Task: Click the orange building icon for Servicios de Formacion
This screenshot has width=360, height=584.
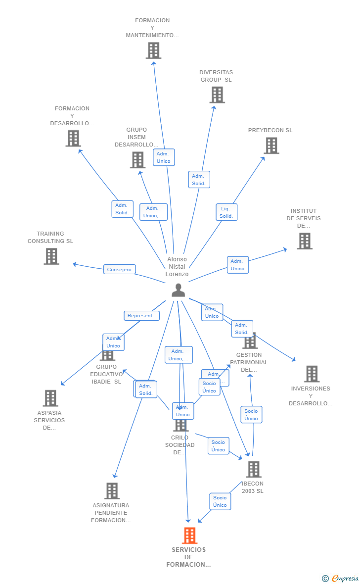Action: (x=189, y=535)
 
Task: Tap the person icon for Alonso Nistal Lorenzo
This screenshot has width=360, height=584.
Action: (x=178, y=291)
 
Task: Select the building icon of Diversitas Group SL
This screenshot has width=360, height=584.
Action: (x=217, y=95)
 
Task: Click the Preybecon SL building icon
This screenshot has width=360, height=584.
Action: (x=271, y=146)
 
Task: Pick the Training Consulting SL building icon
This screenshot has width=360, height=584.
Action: (x=51, y=256)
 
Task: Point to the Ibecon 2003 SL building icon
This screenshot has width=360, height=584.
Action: (x=253, y=469)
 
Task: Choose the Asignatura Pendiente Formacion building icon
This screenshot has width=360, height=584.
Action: (x=112, y=491)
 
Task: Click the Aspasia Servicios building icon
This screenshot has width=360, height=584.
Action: (x=50, y=398)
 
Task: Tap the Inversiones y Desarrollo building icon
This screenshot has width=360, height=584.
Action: (x=312, y=374)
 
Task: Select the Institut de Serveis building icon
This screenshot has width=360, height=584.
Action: (x=305, y=241)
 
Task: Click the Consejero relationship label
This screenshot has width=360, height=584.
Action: (x=119, y=270)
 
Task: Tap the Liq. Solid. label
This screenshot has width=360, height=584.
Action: (x=226, y=212)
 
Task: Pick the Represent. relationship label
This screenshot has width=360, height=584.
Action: (x=141, y=316)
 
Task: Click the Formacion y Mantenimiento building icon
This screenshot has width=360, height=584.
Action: (x=153, y=50)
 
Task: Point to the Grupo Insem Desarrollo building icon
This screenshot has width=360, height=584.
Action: (x=137, y=160)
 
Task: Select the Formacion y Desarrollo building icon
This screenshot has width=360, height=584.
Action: (x=73, y=139)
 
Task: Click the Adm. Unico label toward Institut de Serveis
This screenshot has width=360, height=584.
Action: (x=237, y=265)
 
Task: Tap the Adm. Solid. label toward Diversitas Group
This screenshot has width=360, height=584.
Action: (x=199, y=180)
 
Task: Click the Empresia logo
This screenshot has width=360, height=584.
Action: (x=341, y=578)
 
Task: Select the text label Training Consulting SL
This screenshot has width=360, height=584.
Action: (x=50, y=238)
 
